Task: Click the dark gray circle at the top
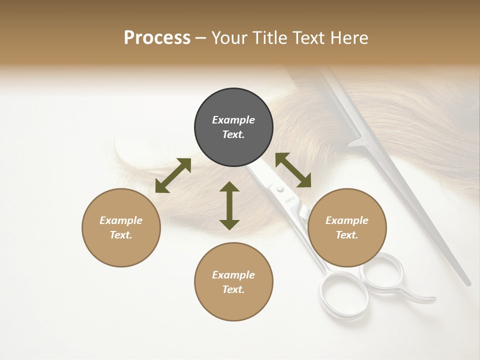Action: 233,127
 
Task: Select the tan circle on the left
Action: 121,227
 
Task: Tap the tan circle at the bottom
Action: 233,281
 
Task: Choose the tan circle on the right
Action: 347,227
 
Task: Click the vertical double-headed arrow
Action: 229,205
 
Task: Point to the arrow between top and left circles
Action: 173,175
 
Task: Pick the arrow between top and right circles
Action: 293,170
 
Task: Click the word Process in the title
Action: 157,37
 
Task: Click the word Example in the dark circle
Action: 233,120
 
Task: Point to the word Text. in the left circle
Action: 121,235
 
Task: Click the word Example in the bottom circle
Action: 233,274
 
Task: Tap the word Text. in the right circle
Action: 347,235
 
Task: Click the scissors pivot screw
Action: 280,189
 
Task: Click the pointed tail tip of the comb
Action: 468,282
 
